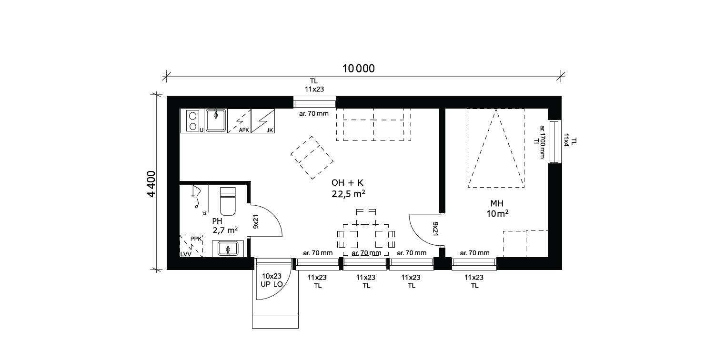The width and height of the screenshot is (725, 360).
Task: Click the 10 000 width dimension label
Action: click(358, 69)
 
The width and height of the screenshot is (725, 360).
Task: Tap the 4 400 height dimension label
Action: click(151, 184)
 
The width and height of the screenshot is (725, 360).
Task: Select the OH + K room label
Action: click(347, 183)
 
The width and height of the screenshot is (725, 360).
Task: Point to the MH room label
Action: click(497, 203)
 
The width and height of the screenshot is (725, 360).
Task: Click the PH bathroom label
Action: click(217, 221)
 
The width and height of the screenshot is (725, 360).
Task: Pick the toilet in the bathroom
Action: click(228, 201)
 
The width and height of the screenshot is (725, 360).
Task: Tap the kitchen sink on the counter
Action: click(216, 120)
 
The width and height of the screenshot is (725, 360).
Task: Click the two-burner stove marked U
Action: click(192, 120)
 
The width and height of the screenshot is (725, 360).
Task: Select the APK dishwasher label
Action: click(244, 130)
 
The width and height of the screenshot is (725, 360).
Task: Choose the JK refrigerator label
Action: click(270, 130)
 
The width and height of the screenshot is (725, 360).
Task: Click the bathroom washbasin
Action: click(228, 249)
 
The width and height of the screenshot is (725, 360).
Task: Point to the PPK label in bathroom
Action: click(196, 239)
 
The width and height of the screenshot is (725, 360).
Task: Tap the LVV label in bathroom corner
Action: click(186, 254)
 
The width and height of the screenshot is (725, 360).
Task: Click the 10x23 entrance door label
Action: click(272, 276)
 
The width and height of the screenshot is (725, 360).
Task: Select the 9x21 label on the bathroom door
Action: click(256, 221)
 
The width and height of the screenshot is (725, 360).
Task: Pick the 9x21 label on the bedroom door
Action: click(435, 229)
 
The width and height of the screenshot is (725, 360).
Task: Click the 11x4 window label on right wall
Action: click(566, 140)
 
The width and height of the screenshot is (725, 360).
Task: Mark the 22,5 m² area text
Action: click(348, 194)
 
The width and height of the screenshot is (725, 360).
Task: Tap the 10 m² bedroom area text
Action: click(497, 213)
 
